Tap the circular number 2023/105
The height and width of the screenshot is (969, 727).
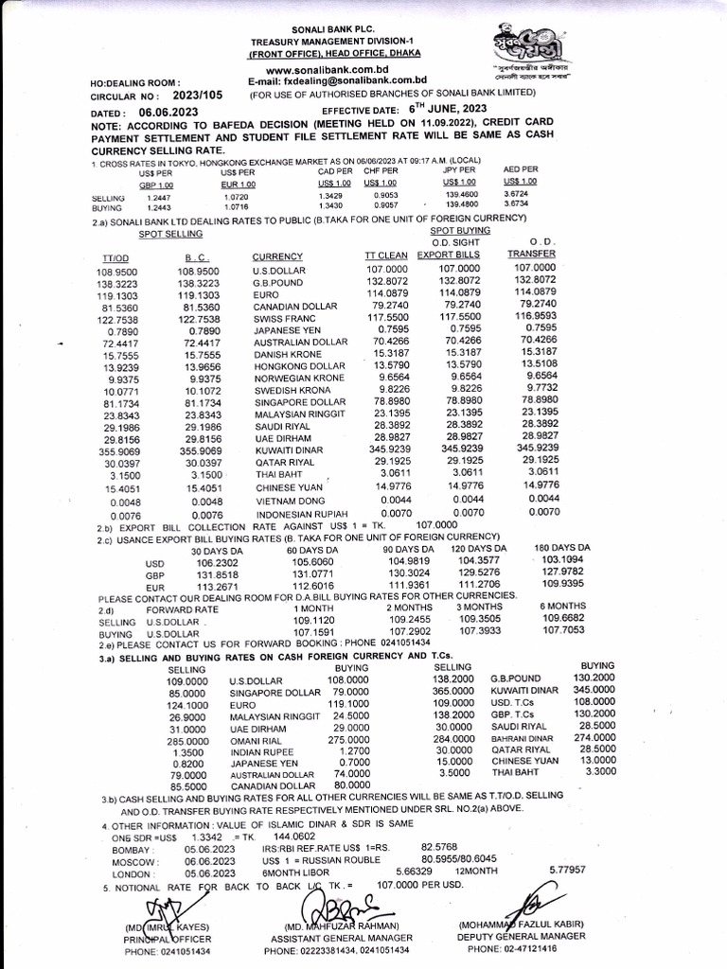tap(198, 96)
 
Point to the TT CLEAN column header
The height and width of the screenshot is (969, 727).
tap(386, 255)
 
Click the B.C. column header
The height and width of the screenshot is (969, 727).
tap(197, 256)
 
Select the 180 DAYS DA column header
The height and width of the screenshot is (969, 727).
tap(562, 548)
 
